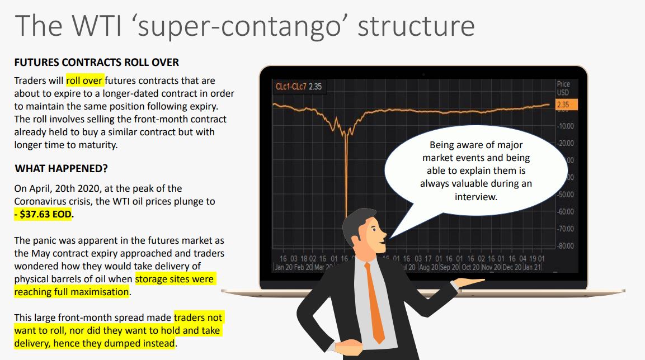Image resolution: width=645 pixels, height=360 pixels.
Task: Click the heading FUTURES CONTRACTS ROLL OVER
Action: pyautogui.click(x=97, y=63)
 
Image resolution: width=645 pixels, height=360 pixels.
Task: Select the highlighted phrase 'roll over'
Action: pyautogui.click(x=84, y=80)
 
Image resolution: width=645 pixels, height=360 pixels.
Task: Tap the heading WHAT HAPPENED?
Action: pyautogui.click(x=62, y=168)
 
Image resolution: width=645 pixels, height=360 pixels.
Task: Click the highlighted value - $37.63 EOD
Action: pyautogui.click(x=43, y=214)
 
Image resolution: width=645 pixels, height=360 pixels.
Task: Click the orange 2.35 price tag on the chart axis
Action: pyautogui.click(x=567, y=105)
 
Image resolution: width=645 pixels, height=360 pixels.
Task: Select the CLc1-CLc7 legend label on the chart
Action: pyautogui.click(x=291, y=86)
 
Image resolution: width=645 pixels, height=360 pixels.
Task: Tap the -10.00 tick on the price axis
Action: pyautogui.click(x=565, y=126)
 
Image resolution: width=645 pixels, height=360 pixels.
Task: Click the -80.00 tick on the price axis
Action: pyautogui.click(x=565, y=246)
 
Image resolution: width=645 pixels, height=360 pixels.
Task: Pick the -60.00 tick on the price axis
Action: pyautogui.click(x=565, y=212)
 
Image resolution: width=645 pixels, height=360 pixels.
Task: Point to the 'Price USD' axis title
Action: pyautogui.click(x=563, y=88)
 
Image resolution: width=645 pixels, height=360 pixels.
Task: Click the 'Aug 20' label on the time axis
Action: pyautogui.click(x=428, y=267)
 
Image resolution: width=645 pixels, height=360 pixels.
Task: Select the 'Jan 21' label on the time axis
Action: pyautogui.click(x=533, y=267)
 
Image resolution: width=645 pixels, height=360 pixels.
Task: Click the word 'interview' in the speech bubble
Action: pyautogui.click(x=475, y=197)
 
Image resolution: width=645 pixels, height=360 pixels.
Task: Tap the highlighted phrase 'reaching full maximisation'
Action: pyautogui.click(x=72, y=292)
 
